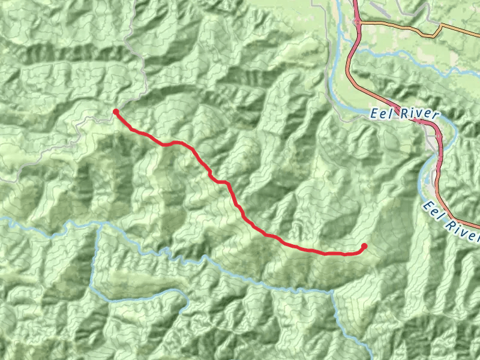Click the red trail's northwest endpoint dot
pos(116,112)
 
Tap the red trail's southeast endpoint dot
pos(364,246)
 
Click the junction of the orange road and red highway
pos(359,23)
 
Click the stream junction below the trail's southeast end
pos(332,292)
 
